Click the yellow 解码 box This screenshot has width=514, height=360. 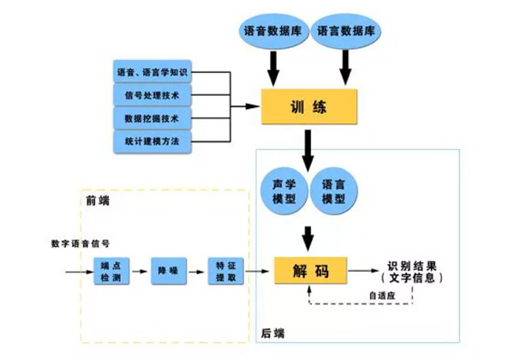308,272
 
